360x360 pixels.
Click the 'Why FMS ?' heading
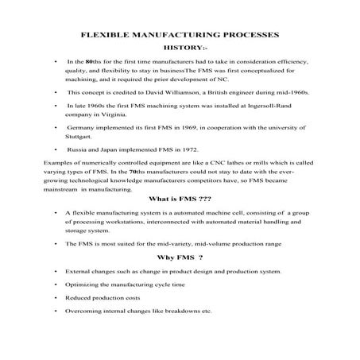[x=180, y=257]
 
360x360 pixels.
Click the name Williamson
[x=188, y=92]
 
